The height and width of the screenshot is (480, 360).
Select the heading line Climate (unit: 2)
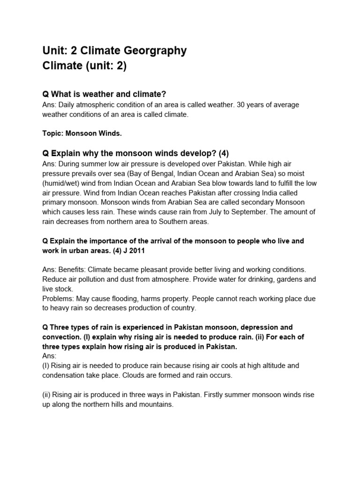click(84, 66)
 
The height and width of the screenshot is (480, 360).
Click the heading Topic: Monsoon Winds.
click(82, 134)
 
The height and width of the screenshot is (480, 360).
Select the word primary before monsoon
click(56, 202)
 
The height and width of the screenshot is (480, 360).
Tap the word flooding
click(126, 298)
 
